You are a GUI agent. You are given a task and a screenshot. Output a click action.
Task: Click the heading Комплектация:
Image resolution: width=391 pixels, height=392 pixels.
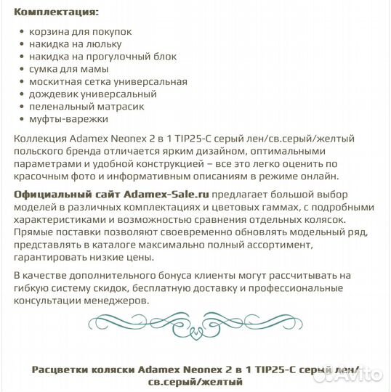(x=57, y=12)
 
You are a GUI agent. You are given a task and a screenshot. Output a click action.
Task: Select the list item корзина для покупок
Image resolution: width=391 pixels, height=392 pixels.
(x=80, y=33)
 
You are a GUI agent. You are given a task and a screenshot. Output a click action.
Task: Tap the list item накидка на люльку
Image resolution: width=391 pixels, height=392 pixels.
(x=80, y=44)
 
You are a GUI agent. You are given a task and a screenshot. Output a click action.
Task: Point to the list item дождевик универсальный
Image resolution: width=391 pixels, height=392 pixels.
(x=93, y=94)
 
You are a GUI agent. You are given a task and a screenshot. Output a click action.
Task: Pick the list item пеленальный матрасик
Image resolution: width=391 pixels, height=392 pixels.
(x=86, y=106)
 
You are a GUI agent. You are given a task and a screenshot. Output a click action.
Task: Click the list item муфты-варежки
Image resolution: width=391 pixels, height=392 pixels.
(x=68, y=118)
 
